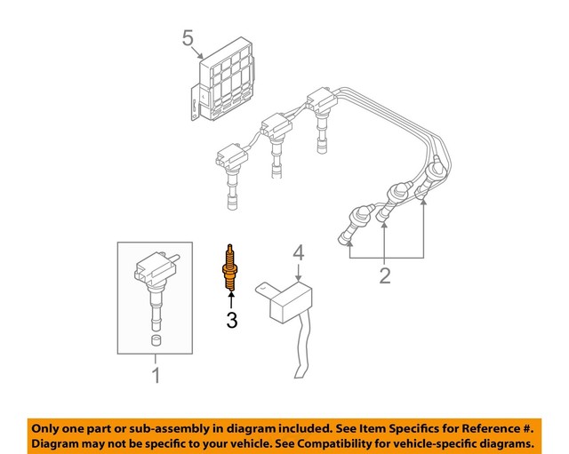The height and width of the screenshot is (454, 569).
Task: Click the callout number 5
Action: tap(187, 38)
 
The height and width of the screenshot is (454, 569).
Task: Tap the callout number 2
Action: tap(384, 275)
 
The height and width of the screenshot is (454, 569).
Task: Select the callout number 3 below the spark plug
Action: tap(231, 320)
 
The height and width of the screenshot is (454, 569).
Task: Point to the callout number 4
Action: tap(299, 252)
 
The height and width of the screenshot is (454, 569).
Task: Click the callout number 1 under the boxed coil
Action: tap(156, 376)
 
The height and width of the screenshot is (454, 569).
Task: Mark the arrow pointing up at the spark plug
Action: tap(231, 299)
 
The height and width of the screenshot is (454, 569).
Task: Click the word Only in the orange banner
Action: tap(49, 426)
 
